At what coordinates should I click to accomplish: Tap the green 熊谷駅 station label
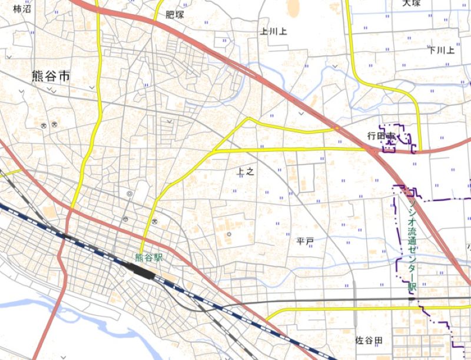[x=148, y=257]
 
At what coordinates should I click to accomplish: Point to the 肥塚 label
[x=175, y=15]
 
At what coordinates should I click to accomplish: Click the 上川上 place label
[x=274, y=31]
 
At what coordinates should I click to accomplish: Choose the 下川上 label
[x=442, y=50]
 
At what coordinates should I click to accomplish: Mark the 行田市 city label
[x=382, y=136]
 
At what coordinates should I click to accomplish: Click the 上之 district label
[x=246, y=172]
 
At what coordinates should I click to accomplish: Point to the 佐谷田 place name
[x=369, y=341]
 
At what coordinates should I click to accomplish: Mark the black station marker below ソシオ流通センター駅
[x=412, y=298]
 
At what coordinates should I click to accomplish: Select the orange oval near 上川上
[x=293, y=7]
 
